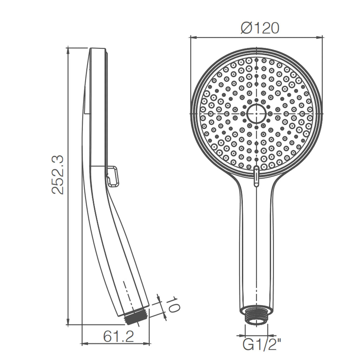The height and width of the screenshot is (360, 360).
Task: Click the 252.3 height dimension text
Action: pos(58,174)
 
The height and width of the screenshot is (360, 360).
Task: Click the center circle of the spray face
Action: pos(257,114)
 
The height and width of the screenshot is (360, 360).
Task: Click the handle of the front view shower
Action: pos(256,246)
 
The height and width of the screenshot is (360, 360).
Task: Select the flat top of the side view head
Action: pos(97,49)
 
